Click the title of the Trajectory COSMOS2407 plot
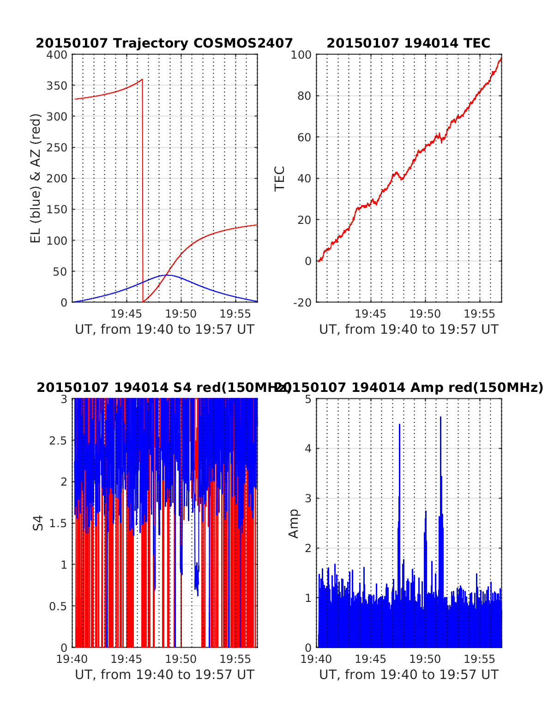point(164,43)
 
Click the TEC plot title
point(408,43)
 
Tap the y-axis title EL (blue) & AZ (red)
point(36,178)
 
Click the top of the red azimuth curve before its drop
point(142,79)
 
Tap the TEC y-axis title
point(280,178)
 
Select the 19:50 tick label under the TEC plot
point(425,314)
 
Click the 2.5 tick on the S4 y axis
point(58,440)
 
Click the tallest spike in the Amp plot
point(440,417)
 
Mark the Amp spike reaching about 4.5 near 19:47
point(399,425)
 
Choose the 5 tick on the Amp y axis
point(308,399)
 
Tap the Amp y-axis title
point(294,523)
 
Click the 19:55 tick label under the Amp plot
point(479,659)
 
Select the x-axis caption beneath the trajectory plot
point(164,330)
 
